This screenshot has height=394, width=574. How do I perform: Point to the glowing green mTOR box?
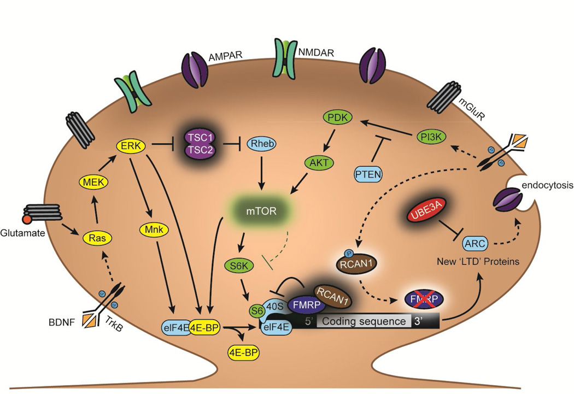point(259,209)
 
